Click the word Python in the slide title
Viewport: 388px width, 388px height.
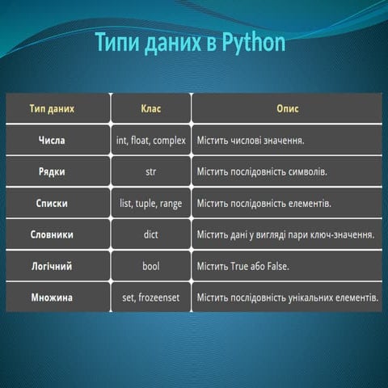click(251, 41)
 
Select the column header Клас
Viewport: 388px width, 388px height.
click(150, 108)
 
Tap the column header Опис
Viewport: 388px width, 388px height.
click(287, 108)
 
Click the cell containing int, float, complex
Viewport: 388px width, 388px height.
click(150, 140)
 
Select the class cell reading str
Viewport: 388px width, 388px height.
click(150, 171)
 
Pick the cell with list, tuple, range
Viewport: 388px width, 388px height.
click(150, 203)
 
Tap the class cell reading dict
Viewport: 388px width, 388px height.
click(150, 234)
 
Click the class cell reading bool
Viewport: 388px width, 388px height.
click(150, 266)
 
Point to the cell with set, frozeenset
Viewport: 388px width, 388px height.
click(150, 297)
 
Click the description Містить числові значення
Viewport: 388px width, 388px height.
click(250, 140)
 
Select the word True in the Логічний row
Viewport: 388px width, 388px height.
click(244, 266)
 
